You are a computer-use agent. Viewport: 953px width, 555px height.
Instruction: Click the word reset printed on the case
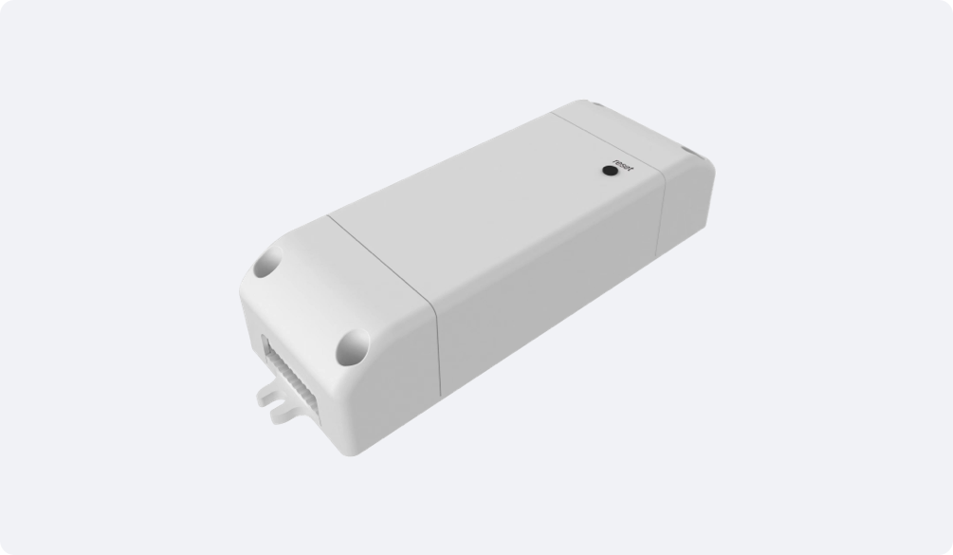pos(623,165)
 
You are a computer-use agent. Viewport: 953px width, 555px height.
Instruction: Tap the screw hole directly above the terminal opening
pos(268,262)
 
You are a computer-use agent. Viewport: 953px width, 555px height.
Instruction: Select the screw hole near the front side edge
pos(353,347)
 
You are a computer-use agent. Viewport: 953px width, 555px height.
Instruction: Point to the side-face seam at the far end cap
pos(661,217)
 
